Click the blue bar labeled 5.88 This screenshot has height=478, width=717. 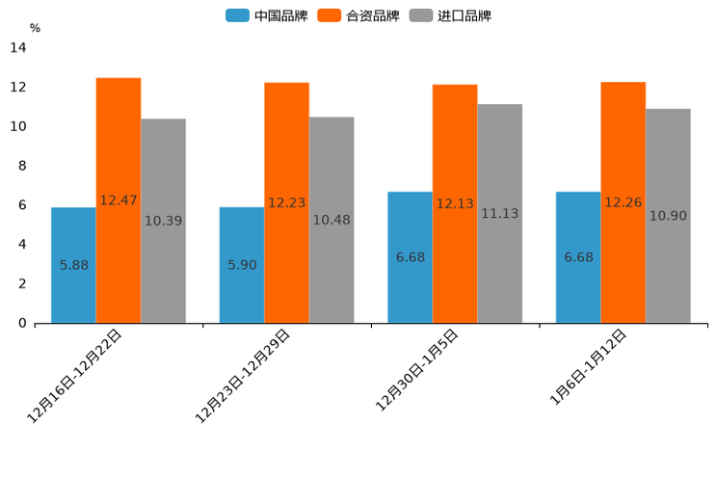(73, 265)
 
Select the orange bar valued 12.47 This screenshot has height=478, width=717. (119, 200)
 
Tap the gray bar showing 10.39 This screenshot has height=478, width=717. (163, 221)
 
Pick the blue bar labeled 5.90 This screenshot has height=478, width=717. (242, 265)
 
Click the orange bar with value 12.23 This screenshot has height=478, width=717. (286, 202)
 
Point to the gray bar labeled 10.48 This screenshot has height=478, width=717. (332, 220)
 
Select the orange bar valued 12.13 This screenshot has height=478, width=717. (455, 203)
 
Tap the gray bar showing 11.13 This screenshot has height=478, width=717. (499, 213)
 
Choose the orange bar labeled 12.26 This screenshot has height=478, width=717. (624, 202)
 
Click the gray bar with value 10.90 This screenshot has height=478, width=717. (668, 216)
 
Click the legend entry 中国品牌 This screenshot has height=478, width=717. (267, 15)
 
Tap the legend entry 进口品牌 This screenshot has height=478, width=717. (450, 15)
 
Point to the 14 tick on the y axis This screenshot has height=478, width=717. (18, 47)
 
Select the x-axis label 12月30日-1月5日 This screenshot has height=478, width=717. (416, 370)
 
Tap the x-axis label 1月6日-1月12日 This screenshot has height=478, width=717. (588, 367)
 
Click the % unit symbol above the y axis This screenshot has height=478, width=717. (35, 28)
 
